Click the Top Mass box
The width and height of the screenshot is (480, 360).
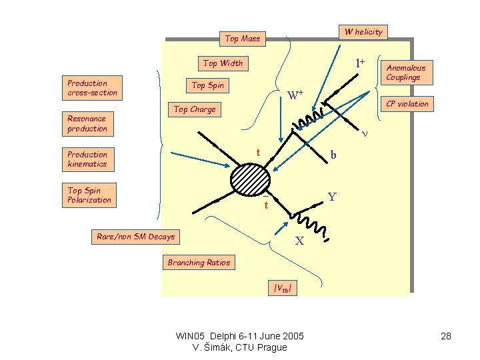point(243,39)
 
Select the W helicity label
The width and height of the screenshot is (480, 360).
point(363,31)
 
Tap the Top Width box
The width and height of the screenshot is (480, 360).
point(223,63)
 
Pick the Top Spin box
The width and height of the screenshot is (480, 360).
point(208,85)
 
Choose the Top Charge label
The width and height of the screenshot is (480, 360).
point(195,109)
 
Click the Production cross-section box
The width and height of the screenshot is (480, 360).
point(93,88)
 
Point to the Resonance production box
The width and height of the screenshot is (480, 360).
point(87,123)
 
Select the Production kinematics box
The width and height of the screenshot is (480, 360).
point(87,159)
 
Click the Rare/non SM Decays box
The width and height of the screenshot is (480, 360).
point(136,237)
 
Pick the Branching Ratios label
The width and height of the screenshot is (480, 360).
point(199,263)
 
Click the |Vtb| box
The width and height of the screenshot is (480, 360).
point(282,288)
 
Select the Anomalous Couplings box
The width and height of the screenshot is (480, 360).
point(406,72)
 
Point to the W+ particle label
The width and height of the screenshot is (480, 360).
point(295,95)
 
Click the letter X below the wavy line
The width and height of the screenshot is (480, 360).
point(300,241)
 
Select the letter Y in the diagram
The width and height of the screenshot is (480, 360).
point(331,198)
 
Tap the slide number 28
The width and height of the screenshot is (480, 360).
point(446,336)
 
